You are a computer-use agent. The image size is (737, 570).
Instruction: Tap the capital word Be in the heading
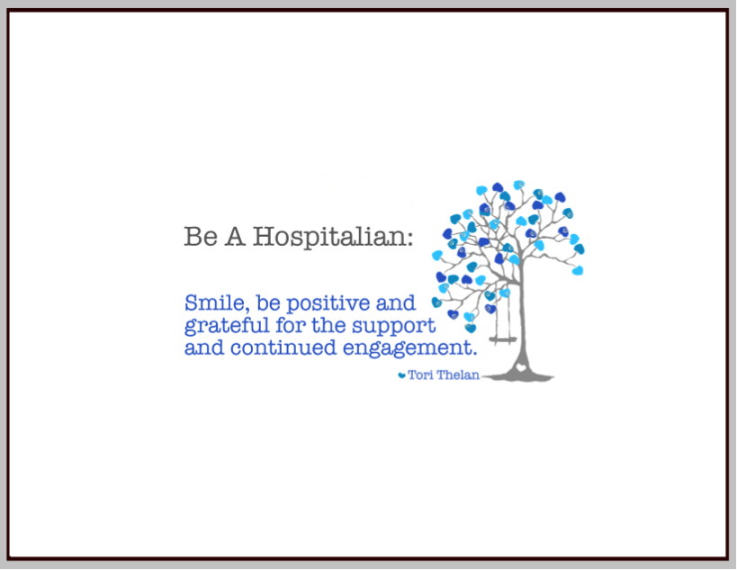tap(201, 236)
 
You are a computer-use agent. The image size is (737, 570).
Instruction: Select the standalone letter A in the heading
tap(236, 236)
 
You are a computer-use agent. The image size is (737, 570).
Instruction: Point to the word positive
tap(328, 303)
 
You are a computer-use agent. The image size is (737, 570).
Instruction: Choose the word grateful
tap(227, 326)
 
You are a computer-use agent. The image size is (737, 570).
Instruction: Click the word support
tap(394, 326)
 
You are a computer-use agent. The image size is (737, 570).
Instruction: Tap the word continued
tap(283, 348)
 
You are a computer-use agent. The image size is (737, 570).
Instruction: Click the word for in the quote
tap(290, 325)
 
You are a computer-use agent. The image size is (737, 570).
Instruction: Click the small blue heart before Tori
tap(402, 375)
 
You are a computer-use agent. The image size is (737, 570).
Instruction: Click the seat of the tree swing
tap(502, 339)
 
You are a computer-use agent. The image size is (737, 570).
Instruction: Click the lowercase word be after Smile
tap(268, 303)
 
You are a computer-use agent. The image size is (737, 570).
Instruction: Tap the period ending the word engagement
tap(474, 354)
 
